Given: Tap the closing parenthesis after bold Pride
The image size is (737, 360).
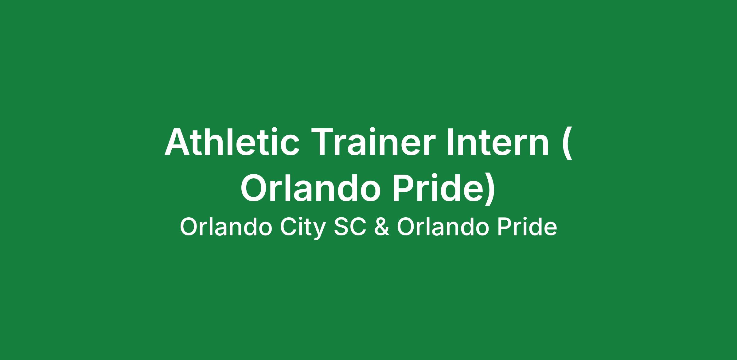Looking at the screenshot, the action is point(490,190).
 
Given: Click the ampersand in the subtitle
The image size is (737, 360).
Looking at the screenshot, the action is point(382,227).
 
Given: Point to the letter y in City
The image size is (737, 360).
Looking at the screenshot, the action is point(320,231).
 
